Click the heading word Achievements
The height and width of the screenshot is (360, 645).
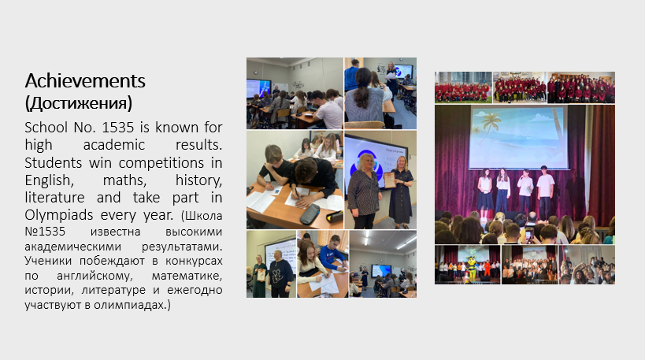coord(85,80)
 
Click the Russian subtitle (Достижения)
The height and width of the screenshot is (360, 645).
coord(79,103)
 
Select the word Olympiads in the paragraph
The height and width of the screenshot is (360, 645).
coord(59,215)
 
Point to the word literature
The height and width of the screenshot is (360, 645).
coord(54,198)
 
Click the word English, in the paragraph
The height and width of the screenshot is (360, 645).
coord(50,180)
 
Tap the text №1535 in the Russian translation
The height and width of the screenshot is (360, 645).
coord(45,232)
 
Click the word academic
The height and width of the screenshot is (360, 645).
coord(114,145)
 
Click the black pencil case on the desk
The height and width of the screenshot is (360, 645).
coord(310,214)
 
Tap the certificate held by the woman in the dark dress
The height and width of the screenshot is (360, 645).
coord(389,180)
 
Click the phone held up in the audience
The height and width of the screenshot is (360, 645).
coord(529,235)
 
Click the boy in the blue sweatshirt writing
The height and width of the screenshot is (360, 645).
coord(333,252)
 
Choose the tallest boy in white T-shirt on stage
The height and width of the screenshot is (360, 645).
coord(546,191)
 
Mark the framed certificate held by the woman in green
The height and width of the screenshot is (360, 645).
coord(261,274)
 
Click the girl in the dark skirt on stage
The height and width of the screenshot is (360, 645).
coord(485,192)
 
